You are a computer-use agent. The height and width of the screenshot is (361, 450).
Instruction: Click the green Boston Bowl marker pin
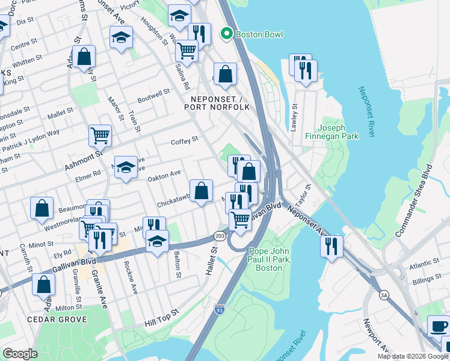click(x=227, y=34)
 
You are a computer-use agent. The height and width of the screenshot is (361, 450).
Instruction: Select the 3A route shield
click(x=383, y=295)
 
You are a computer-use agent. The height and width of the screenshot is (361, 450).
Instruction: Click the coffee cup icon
click(x=438, y=327)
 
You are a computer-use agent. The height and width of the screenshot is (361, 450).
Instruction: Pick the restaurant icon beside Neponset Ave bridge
click(x=331, y=246)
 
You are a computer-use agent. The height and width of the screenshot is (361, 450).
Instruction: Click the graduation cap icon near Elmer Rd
click(x=126, y=167)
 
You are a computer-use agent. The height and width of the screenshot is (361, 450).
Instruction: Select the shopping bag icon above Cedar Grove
click(x=44, y=285)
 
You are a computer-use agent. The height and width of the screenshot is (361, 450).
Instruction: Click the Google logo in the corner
click(x=20, y=354)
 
